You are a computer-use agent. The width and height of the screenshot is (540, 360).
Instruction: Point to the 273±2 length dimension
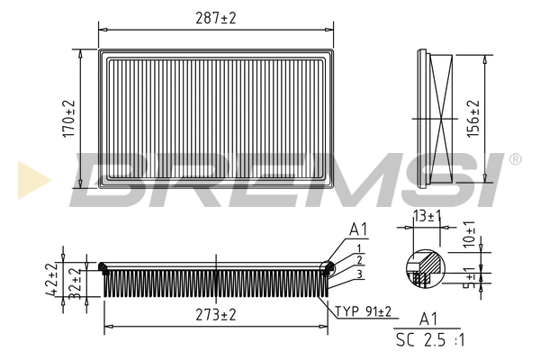click(x=215, y=315)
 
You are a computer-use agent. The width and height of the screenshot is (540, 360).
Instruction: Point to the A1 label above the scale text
click(x=429, y=319)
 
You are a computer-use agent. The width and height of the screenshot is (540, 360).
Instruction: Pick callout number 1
click(x=359, y=247)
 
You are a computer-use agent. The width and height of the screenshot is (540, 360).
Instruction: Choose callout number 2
click(x=359, y=260)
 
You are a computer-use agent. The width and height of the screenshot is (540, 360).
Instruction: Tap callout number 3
click(x=359, y=274)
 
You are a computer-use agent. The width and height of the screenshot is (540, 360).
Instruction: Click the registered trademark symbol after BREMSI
click(x=514, y=159)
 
